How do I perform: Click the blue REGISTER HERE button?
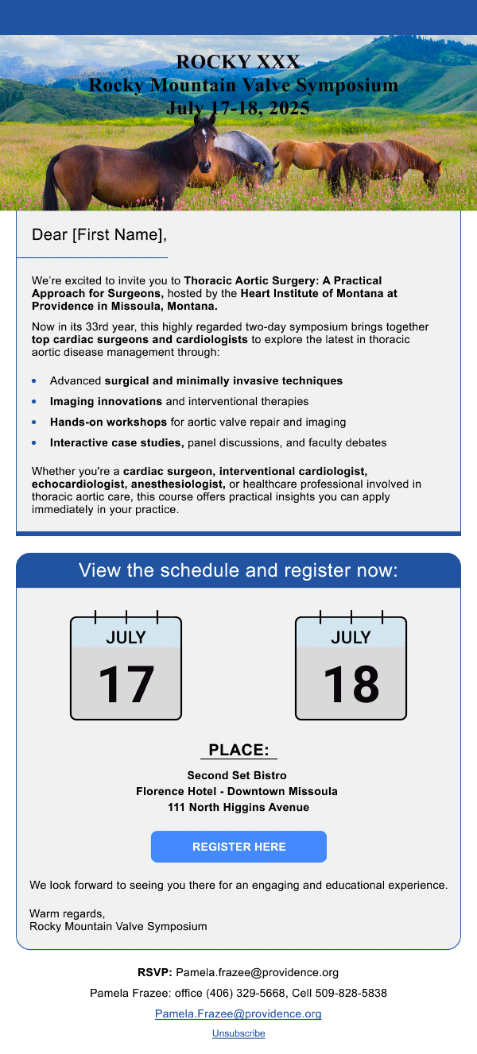tap(238, 847)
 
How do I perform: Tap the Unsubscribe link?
tap(238, 1033)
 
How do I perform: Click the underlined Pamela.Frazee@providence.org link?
tap(238, 1014)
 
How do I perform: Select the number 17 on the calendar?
tap(126, 684)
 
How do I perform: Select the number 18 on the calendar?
tap(351, 684)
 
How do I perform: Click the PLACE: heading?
tap(238, 751)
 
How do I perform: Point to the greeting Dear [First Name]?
tap(99, 235)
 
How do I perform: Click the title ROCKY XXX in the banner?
tap(238, 62)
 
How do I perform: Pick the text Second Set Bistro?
tap(237, 775)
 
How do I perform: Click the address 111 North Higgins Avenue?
tap(238, 808)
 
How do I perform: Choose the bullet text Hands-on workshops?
tap(108, 423)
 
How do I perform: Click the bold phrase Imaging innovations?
tap(106, 402)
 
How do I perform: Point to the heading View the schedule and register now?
tap(238, 571)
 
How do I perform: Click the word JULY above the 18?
tap(351, 637)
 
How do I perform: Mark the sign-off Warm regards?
tap(67, 913)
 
